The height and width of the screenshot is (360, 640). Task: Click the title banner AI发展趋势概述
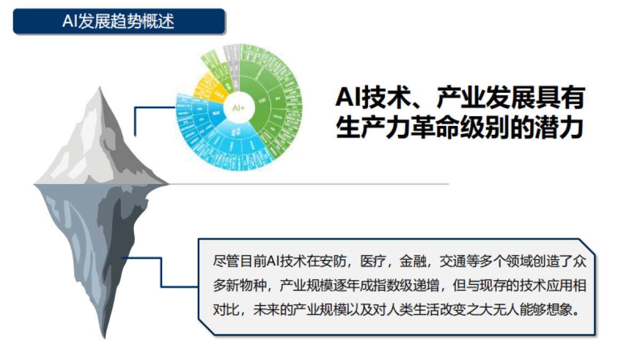(118, 22)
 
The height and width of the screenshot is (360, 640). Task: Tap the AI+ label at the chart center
(238, 108)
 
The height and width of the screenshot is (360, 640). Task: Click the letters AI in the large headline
(349, 99)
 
